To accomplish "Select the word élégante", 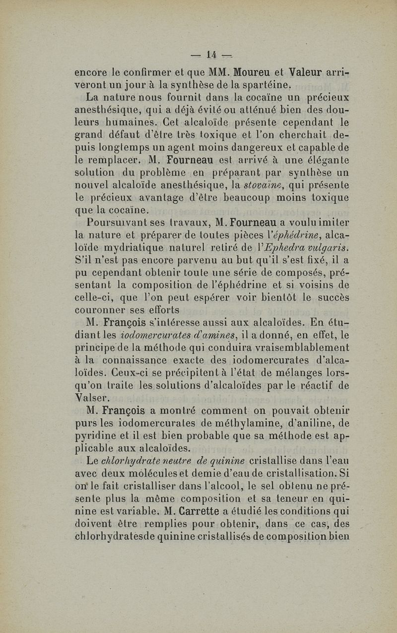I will (325, 160).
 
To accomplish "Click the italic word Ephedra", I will (276, 246).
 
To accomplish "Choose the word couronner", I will (102, 310).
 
